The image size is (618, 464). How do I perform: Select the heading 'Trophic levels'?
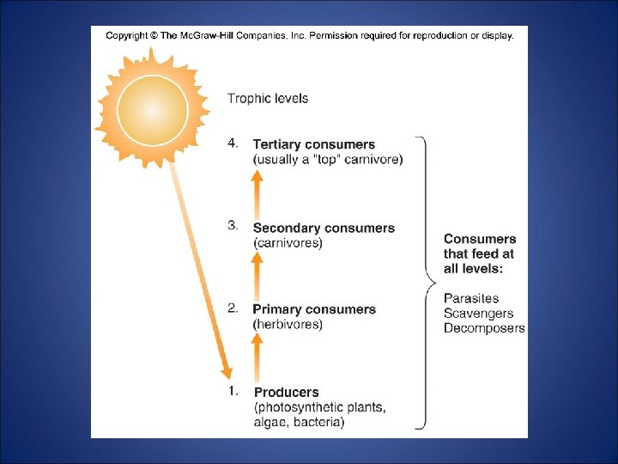click(267, 99)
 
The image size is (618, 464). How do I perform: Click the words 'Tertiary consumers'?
click(313, 144)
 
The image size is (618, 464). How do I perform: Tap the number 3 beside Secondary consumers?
click(233, 226)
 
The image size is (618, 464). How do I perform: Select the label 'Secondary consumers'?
click(324, 228)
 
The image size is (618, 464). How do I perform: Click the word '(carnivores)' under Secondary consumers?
click(288, 243)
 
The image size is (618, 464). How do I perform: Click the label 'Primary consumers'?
click(314, 309)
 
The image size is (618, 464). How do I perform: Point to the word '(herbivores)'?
click(288, 325)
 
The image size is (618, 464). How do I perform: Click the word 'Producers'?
click(287, 392)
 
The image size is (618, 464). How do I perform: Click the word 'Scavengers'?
click(478, 314)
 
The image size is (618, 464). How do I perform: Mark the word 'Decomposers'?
click(484, 328)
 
